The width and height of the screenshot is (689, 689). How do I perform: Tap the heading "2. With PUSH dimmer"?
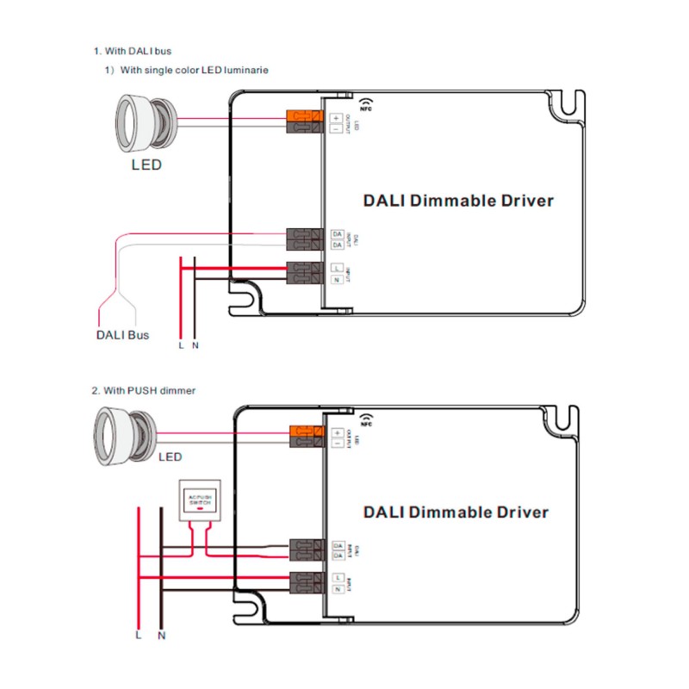click(144, 390)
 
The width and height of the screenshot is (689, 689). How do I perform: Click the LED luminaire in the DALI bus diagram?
click(146, 121)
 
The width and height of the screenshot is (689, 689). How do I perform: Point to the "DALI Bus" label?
click(122, 334)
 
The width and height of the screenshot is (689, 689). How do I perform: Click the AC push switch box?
click(199, 501)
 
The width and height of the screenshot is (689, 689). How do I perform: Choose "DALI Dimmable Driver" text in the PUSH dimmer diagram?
click(456, 512)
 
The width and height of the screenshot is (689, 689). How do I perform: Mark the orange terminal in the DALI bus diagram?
click(304, 116)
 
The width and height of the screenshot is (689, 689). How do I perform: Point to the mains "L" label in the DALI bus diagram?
click(181, 346)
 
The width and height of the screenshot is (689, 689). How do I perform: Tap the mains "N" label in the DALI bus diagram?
click(196, 346)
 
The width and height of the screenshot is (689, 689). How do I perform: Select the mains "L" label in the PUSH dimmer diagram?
click(138, 636)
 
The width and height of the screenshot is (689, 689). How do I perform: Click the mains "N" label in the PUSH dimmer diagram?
click(162, 636)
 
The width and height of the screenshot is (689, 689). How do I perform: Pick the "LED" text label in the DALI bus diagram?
click(146, 164)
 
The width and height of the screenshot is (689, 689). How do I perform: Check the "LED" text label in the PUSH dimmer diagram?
click(170, 457)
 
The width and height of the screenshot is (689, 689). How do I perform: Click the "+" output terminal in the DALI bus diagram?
click(336, 117)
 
